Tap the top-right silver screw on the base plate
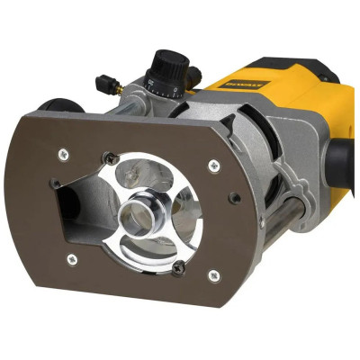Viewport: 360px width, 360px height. click(213, 165)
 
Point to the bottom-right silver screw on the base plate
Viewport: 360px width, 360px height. click(213, 276)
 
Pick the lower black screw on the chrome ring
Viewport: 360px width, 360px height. click(178, 265)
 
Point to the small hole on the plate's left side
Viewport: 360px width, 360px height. click(56, 184)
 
